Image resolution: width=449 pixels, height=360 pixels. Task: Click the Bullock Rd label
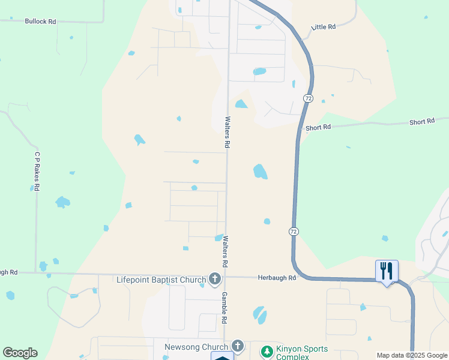[40, 22]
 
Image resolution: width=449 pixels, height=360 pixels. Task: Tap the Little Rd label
[324, 27]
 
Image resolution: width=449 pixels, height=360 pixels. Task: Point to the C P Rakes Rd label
[37, 171]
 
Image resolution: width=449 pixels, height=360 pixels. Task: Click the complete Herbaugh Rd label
[277, 278]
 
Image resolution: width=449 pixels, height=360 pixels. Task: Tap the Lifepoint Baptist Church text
[161, 280]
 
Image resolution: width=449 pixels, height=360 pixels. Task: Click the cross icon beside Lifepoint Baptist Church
[215, 279]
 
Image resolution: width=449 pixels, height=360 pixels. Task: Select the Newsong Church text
[196, 347]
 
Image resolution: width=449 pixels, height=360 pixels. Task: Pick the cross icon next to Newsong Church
[238, 346]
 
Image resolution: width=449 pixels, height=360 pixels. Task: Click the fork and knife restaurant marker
[387, 271]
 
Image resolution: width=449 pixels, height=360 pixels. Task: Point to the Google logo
[20, 353]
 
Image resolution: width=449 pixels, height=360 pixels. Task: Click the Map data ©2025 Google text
[412, 355]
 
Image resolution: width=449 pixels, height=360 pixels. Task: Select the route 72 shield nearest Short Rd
[307, 98]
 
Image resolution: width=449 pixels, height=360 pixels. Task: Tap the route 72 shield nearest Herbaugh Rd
[293, 232]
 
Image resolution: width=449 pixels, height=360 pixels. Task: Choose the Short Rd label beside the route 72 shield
[318, 127]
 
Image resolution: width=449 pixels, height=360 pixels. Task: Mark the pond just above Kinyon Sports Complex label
[259, 314]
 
